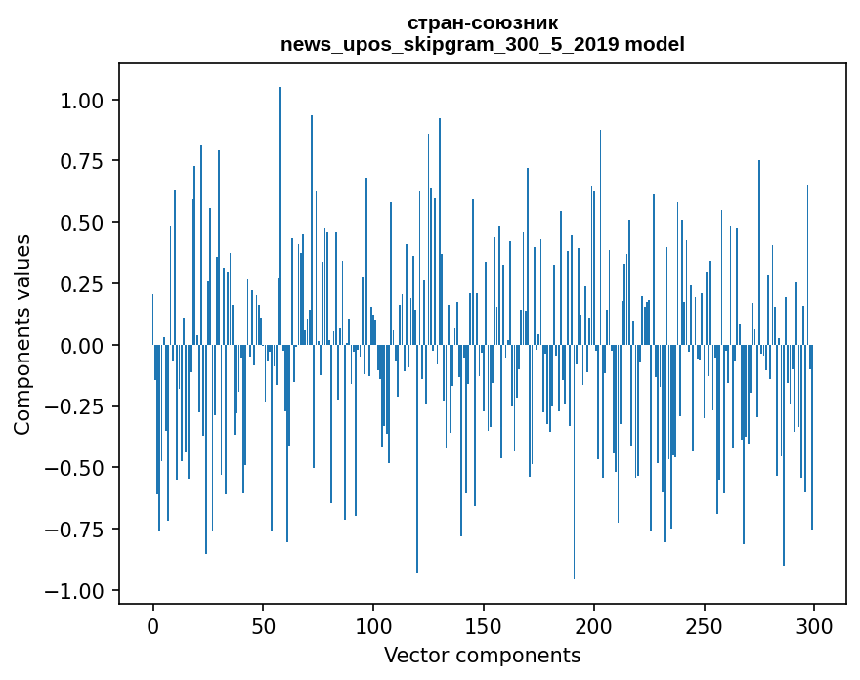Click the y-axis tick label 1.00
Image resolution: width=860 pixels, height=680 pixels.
click(82, 101)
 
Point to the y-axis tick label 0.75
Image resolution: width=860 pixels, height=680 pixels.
click(82, 162)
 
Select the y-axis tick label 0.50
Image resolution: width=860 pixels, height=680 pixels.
click(82, 223)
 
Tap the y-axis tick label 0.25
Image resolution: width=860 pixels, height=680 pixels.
click(82, 284)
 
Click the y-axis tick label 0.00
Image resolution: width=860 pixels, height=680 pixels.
click(82, 346)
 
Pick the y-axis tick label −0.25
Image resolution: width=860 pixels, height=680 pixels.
click(74, 407)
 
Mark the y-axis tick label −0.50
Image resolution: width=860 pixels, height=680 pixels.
click(74, 469)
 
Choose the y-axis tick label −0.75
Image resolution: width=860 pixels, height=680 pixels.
click(74, 531)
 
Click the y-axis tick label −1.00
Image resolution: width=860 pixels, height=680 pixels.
click(74, 592)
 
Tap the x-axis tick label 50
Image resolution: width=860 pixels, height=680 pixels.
click(263, 626)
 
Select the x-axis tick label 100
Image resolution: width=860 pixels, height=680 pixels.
click(373, 626)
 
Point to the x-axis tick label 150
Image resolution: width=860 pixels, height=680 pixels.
click(484, 626)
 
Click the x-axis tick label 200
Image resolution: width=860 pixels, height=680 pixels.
click(594, 626)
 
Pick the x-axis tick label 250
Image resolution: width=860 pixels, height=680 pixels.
click(705, 626)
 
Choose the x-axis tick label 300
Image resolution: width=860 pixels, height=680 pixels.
click(814, 626)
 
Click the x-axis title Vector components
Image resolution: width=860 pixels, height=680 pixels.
click(482, 656)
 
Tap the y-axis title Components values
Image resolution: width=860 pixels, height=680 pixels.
click(21, 334)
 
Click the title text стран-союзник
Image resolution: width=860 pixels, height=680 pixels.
click(483, 23)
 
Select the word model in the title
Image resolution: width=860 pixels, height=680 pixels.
click(655, 44)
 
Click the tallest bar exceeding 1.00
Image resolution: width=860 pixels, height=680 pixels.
click(280, 216)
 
